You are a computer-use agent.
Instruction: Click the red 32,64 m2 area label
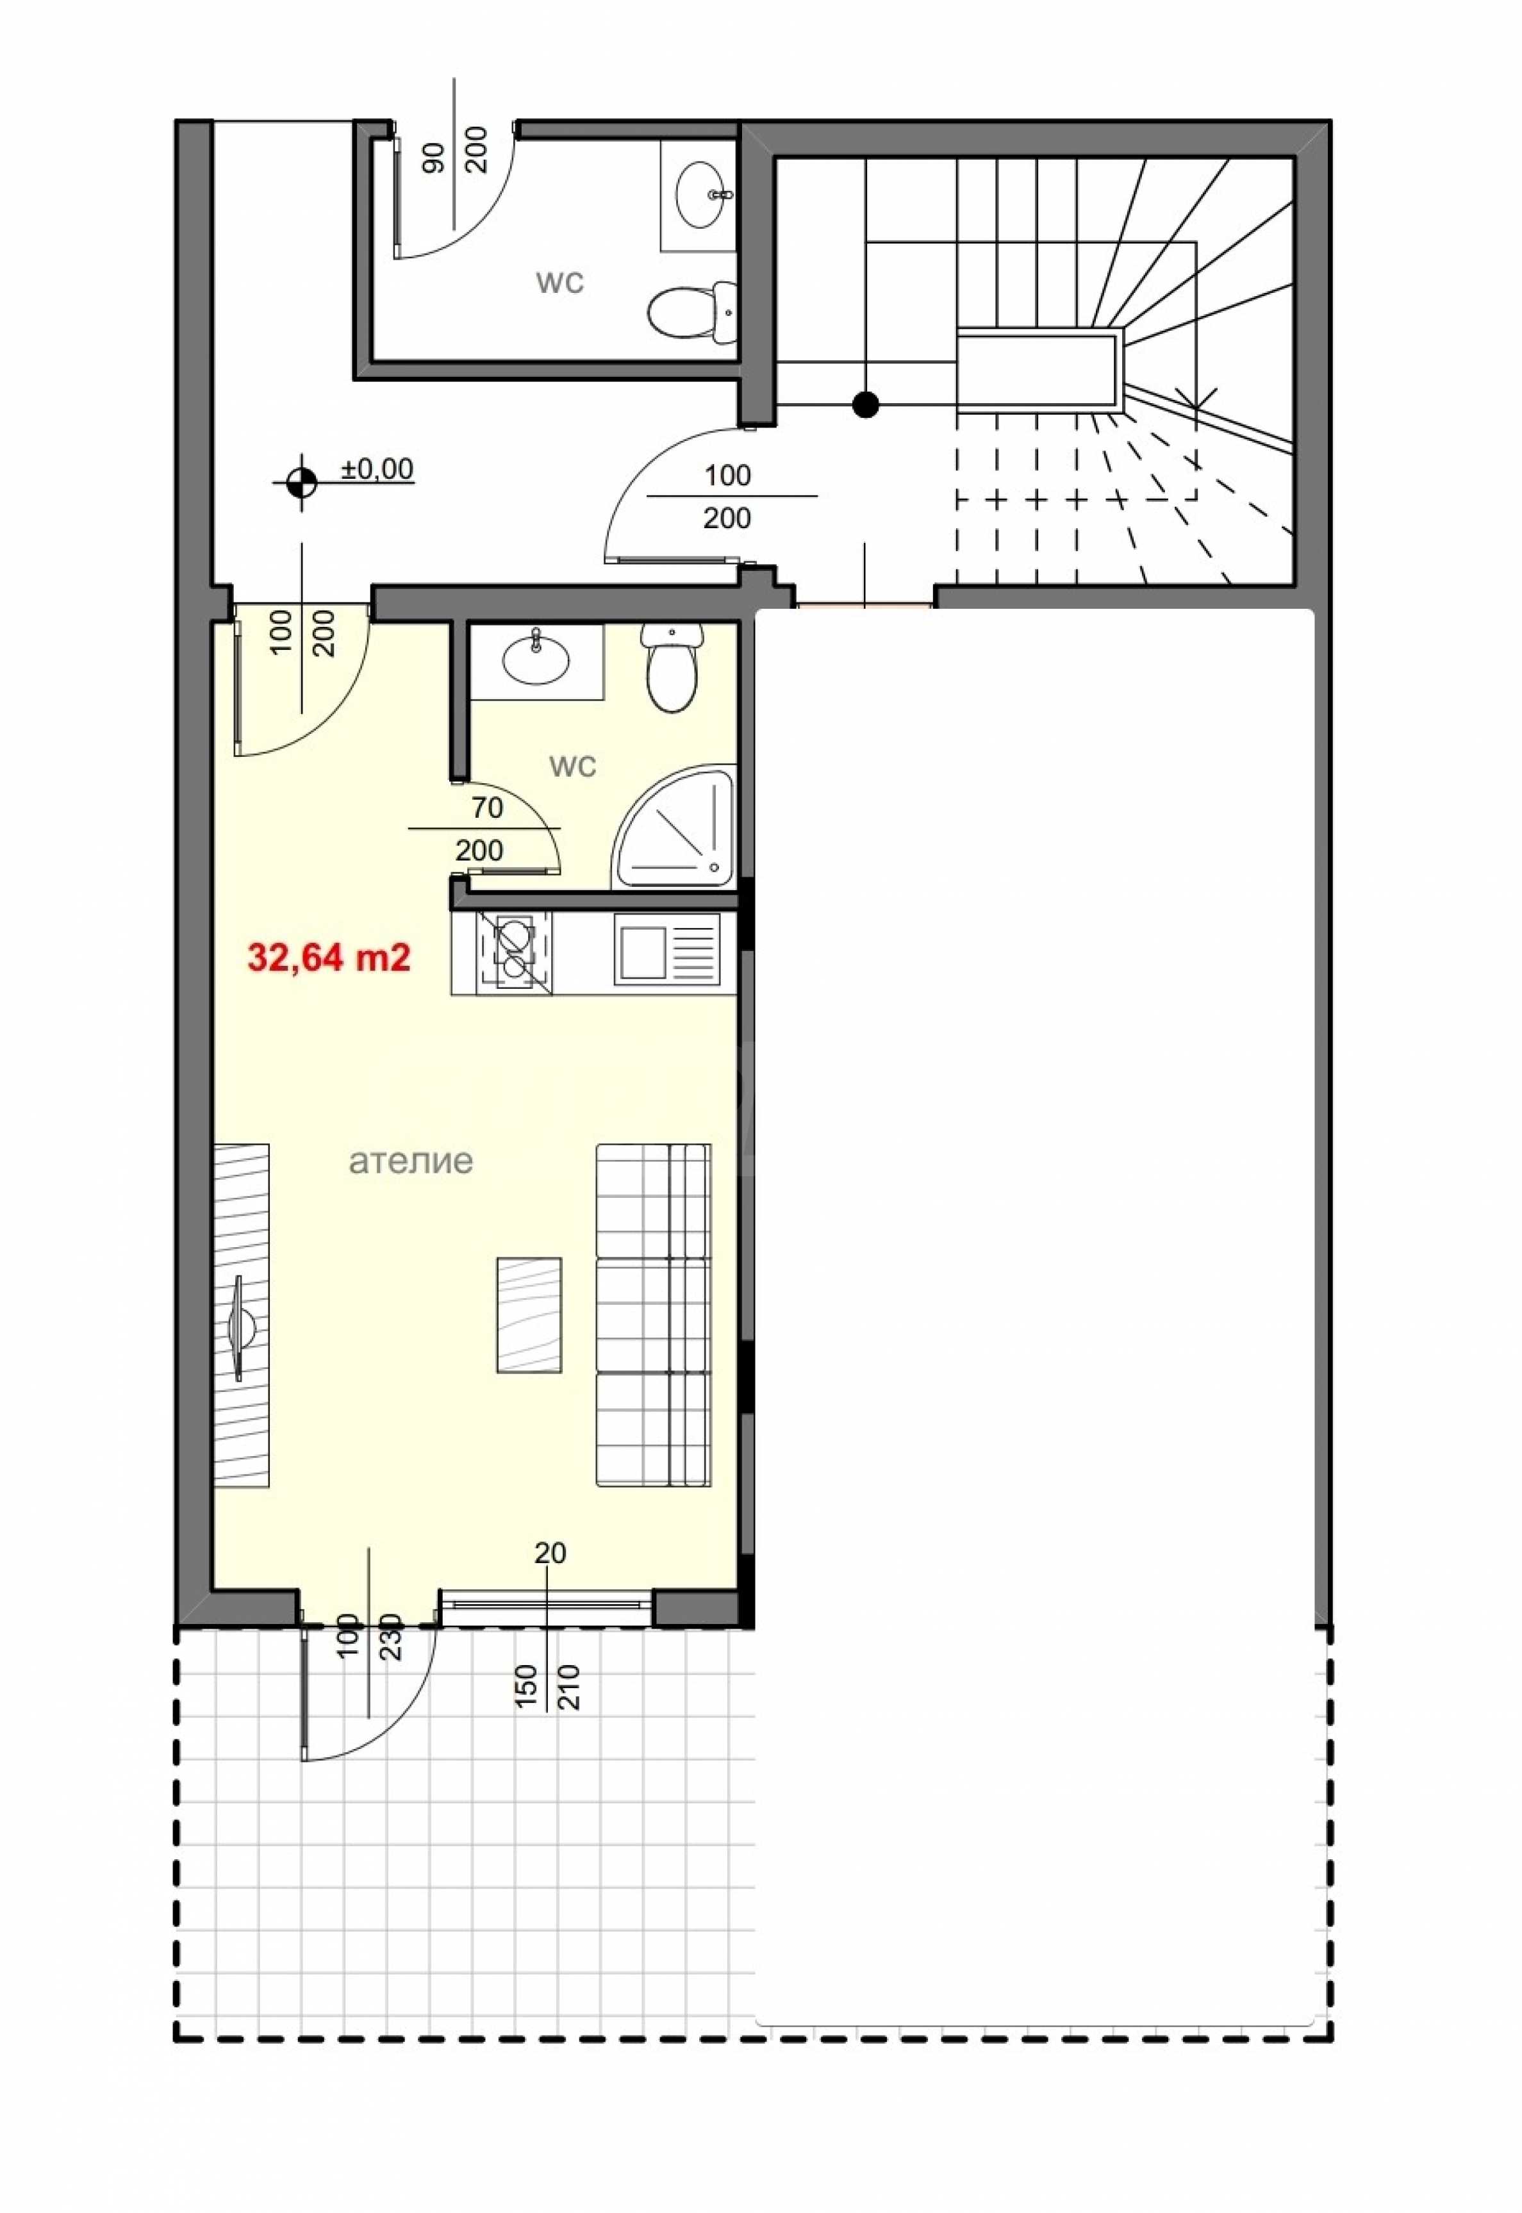coord(329,957)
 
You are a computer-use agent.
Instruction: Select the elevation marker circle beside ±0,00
coord(302,483)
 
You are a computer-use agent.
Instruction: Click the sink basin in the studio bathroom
coord(537,658)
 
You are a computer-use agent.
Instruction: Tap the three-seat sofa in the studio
coord(653,1316)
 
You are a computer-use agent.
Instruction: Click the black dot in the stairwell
coord(865,405)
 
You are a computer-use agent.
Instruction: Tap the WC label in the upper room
coord(560,283)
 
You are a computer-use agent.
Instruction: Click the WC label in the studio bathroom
coord(573,766)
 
